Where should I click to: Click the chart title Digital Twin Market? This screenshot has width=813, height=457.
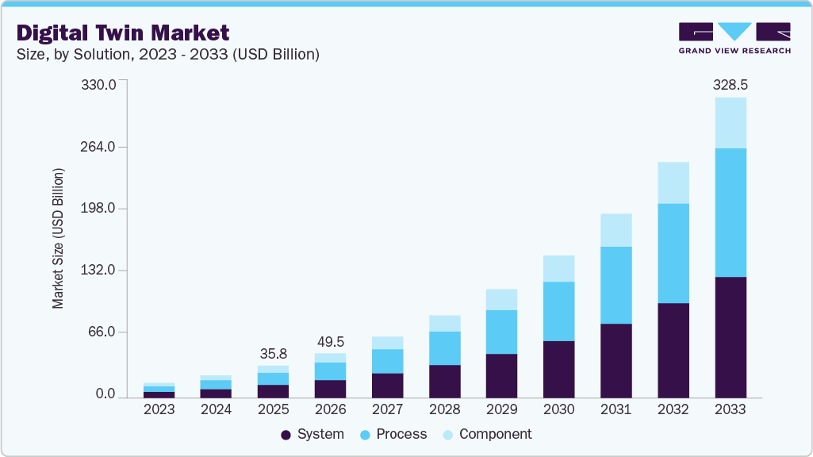pyautogui.click(x=123, y=33)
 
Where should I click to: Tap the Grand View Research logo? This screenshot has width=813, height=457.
pyautogui.click(x=734, y=38)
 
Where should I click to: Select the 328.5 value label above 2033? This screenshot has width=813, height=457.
pyautogui.click(x=730, y=84)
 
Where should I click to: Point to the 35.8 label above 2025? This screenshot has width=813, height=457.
pyautogui.click(x=274, y=353)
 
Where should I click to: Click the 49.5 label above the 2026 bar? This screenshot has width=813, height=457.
pyautogui.click(x=330, y=341)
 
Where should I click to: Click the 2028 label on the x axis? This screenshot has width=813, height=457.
pyautogui.click(x=444, y=409)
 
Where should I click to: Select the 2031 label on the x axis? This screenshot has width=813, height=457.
pyautogui.click(x=616, y=409)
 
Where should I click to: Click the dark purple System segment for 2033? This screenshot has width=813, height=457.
pyautogui.click(x=730, y=337)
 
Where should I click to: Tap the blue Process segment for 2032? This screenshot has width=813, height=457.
pyautogui.click(x=673, y=253)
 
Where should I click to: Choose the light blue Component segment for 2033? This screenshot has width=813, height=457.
pyautogui.click(x=730, y=123)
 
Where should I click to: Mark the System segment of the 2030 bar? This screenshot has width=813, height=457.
pyautogui.click(x=558, y=369)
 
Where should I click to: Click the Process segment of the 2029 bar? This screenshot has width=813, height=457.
pyautogui.click(x=501, y=332)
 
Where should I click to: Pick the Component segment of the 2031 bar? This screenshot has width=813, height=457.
pyautogui.click(x=616, y=230)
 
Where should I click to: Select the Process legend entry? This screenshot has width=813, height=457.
pyautogui.click(x=393, y=434)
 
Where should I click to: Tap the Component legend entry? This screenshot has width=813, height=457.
pyautogui.click(x=487, y=434)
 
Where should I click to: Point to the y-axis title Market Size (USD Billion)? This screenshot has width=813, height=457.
pyautogui.click(x=58, y=238)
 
